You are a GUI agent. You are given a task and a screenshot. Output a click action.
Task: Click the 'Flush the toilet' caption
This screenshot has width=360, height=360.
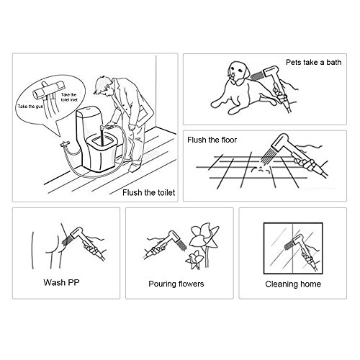(x=148, y=192)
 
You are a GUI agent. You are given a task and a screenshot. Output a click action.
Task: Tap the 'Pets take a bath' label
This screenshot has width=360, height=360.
(x=313, y=62)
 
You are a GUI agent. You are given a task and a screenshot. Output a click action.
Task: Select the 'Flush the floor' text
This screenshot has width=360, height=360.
(x=212, y=140)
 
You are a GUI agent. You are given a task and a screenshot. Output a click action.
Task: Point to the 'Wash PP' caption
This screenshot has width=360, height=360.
(x=61, y=282)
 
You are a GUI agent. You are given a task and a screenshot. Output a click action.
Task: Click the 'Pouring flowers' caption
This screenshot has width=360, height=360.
(x=176, y=284)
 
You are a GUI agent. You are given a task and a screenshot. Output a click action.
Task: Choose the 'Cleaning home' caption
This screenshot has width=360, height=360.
(x=293, y=284)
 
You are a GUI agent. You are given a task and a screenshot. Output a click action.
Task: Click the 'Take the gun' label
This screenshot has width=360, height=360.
(x=30, y=107)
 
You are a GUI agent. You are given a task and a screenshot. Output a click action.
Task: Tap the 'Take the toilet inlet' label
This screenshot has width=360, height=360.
(x=69, y=97)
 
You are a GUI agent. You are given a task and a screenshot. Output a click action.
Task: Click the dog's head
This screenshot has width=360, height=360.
(x=238, y=72)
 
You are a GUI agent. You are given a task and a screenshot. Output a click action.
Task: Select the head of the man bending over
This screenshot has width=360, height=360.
(x=103, y=86)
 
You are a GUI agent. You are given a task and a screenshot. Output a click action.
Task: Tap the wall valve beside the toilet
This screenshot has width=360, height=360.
(x=65, y=144)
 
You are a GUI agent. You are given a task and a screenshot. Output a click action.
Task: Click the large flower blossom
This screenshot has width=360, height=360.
(x=204, y=235)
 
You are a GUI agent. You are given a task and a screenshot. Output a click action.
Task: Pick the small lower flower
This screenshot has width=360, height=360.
(x=195, y=259)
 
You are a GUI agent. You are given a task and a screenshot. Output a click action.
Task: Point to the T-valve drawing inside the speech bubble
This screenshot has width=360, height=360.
(x=49, y=89)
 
